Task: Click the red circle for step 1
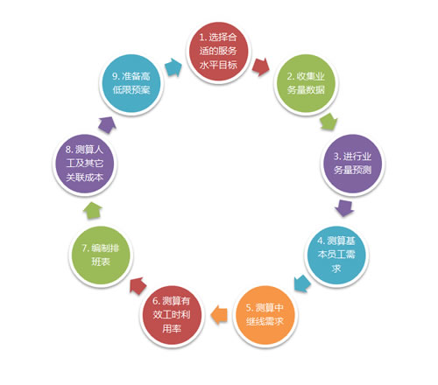point(218,52)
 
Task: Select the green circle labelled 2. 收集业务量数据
point(306,83)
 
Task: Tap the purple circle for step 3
point(352,164)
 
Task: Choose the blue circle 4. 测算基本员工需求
point(336,255)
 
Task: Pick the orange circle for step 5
point(265,315)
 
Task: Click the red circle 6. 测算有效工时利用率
point(172,315)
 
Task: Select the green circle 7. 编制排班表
point(101,255)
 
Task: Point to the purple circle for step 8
point(85,164)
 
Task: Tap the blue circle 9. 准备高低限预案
point(131,83)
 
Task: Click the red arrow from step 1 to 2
point(261,67)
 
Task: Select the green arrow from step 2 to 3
point(328,122)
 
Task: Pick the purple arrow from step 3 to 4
point(344,208)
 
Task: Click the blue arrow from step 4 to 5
point(302,283)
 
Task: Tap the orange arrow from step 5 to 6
point(219,315)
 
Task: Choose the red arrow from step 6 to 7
point(138,286)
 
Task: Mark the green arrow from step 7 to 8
point(93,210)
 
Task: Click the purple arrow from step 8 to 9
point(107,125)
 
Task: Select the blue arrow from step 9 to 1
point(173,67)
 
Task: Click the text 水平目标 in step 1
point(218,65)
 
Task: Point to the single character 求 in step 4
point(336,269)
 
